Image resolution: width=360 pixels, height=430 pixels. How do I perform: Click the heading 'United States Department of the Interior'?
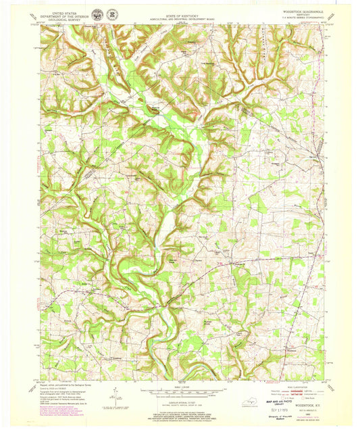61,14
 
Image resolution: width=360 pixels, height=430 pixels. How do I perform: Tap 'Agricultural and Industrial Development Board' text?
180,17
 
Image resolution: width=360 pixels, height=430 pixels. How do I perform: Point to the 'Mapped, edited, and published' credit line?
64,388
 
